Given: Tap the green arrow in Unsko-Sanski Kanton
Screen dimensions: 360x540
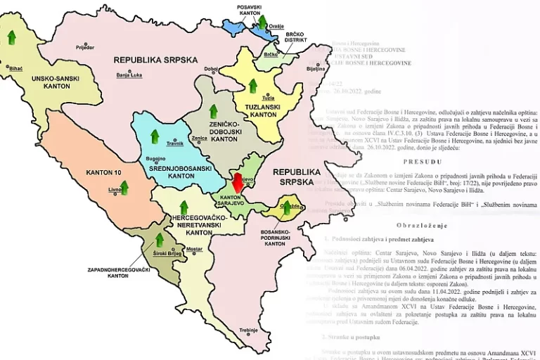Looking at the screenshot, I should [x=11, y=37].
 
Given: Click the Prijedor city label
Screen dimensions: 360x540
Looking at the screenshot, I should [x=84, y=48].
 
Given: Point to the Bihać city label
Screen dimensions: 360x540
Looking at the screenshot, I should [x=16, y=68].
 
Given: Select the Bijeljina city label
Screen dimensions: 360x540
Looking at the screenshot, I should [x=316, y=70].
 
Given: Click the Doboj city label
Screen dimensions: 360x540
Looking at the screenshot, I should [x=210, y=69].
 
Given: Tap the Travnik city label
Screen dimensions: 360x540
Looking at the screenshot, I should [x=174, y=143].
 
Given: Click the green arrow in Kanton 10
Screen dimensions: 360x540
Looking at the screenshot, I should [x=124, y=187].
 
